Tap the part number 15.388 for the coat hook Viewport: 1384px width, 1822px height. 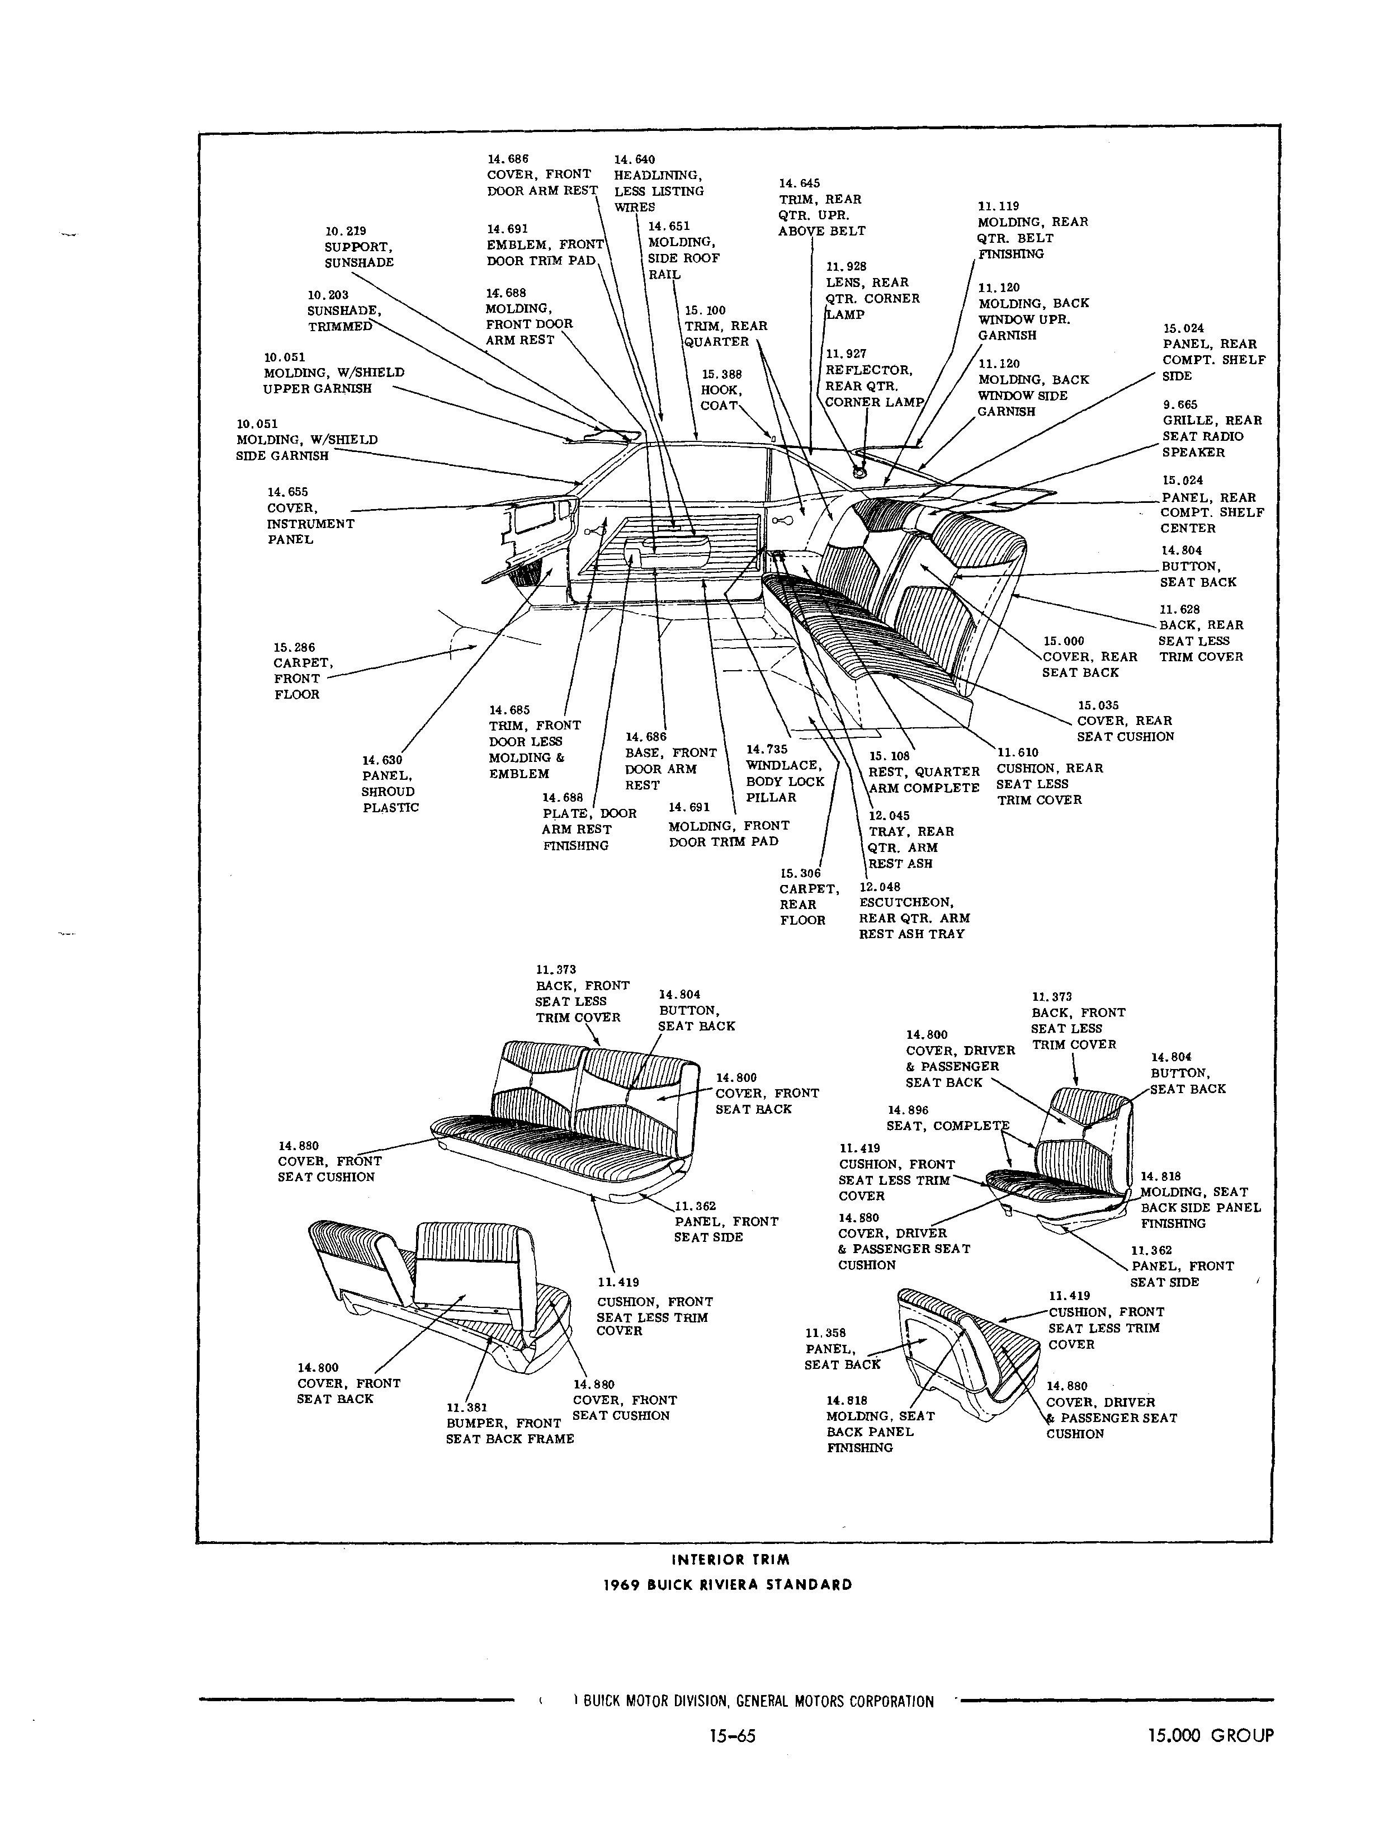click(722, 374)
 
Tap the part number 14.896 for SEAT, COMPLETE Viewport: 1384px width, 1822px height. click(908, 1110)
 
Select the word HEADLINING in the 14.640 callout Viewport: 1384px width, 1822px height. click(656, 175)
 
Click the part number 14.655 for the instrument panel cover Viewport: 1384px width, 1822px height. click(287, 492)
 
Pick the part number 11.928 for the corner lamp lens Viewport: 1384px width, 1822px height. click(847, 266)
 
